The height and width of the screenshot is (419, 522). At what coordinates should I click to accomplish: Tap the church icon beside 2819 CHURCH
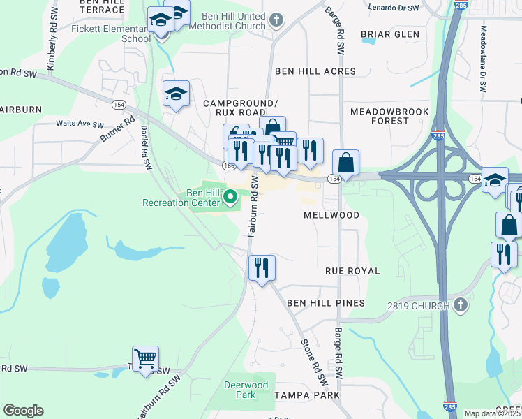[460, 304]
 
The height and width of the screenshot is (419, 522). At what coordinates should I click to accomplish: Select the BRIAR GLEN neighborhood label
[390, 34]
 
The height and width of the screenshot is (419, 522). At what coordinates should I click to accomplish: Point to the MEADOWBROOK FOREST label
[380, 116]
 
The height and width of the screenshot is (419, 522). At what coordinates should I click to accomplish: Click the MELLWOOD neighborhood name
[331, 216]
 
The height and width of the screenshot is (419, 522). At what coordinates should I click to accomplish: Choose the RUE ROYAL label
[352, 271]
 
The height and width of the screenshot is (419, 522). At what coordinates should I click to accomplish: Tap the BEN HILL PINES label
[326, 303]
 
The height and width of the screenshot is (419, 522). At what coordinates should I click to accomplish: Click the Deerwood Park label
[246, 390]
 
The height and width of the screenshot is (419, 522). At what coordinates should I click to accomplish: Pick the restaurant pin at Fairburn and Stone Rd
[262, 268]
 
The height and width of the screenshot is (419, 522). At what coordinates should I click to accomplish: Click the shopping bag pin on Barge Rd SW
[345, 164]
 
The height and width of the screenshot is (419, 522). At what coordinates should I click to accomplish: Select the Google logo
[23, 411]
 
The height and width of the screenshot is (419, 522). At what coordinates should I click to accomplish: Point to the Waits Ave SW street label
[80, 124]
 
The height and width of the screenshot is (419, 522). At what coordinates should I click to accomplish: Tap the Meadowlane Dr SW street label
[482, 59]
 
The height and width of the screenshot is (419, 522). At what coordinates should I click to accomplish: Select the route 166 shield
[230, 166]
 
